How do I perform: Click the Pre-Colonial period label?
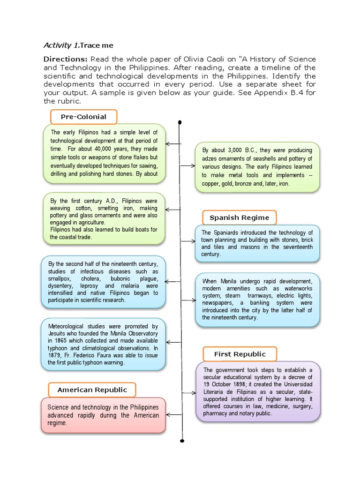point(83,117)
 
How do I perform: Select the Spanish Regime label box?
point(239,217)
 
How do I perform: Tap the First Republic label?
point(240,354)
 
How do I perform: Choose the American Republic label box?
point(92,390)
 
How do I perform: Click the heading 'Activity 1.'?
point(61,45)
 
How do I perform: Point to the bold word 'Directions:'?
point(65,60)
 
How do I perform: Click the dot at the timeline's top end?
point(180,122)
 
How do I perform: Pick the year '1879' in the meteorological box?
point(55,355)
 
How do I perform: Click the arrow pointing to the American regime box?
point(173,414)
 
